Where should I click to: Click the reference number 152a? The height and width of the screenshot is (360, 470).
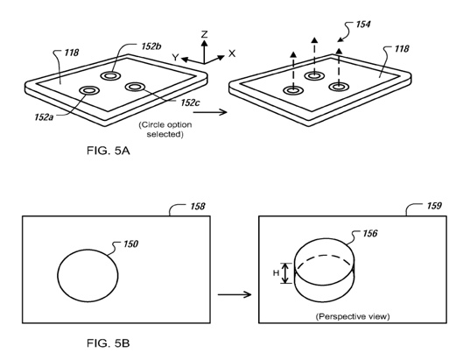(x=44, y=116)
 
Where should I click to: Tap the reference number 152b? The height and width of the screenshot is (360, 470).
(x=151, y=46)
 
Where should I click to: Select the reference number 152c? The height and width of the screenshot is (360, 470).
(x=190, y=102)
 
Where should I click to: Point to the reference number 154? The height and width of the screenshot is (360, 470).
(x=363, y=24)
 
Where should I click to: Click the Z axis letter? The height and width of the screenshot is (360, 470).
(x=205, y=34)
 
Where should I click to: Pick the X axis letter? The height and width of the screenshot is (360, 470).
(x=232, y=53)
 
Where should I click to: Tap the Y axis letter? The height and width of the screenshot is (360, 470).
(x=175, y=57)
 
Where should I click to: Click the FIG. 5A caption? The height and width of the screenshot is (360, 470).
(x=109, y=151)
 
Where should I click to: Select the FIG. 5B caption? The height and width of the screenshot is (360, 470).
(x=109, y=342)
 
